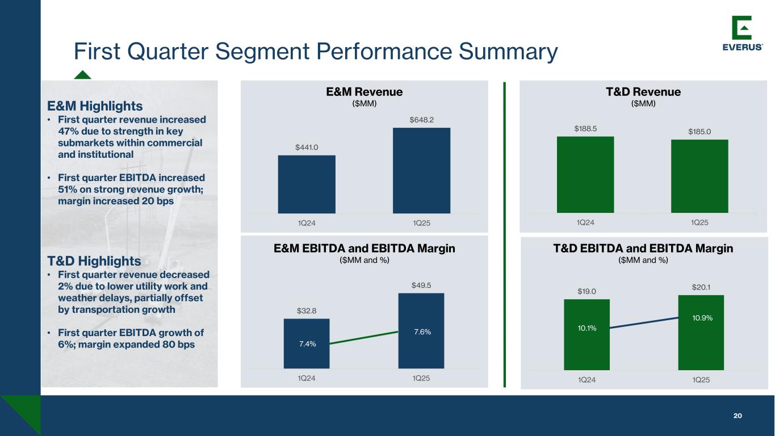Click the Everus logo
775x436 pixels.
(742, 33)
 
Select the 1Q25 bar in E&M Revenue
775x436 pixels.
(421, 170)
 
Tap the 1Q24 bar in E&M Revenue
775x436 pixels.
(307, 184)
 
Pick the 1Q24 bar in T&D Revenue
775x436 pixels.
(585, 175)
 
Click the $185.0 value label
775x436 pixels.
(699, 132)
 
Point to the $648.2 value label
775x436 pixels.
(421, 120)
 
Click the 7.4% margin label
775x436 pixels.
(307, 343)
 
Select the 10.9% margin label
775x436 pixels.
(702, 318)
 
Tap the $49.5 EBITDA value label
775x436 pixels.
(421, 285)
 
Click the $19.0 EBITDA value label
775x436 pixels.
(587, 291)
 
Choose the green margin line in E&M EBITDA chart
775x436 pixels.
(363, 338)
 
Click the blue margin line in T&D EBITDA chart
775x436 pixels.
(644, 322)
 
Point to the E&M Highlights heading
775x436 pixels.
(95, 106)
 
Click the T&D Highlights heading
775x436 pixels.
(94, 261)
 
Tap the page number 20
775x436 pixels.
(738, 416)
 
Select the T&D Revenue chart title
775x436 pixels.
(643, 92)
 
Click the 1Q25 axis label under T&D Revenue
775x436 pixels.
(699, 223)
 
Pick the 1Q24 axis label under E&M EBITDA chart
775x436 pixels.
(307, 378)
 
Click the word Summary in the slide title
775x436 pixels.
(508, 52)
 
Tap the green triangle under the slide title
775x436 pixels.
(82, 75)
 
